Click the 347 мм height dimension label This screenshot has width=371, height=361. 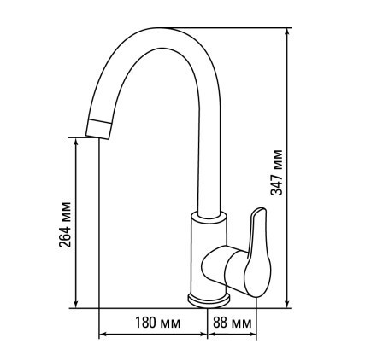coord(276,172)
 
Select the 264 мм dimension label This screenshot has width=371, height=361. coord(64,224)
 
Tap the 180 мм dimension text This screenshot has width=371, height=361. coord(157,323)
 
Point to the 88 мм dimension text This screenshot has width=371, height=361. coord(233,323)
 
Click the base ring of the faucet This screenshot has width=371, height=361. coord(209,301)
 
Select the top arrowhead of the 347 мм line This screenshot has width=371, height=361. coord(287,32)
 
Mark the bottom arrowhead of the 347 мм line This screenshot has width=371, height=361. coord(287,304)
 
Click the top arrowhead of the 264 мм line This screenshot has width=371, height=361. coord(76,142)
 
